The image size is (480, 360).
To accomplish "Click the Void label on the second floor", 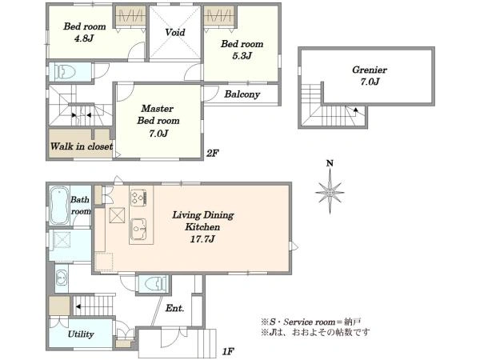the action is (175, 32).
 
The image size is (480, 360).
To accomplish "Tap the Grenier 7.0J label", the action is (370, 76).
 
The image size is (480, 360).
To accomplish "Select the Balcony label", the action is (242, 94).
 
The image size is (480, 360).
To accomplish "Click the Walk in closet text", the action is (82, 146).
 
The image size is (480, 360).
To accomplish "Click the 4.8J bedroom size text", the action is (84, 38).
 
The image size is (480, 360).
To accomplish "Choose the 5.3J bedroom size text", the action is (242, 56).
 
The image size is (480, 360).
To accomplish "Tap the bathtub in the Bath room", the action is (59, 206).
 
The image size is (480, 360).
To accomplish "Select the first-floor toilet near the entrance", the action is (153, 284).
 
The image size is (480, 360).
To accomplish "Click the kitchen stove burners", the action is (138, 198).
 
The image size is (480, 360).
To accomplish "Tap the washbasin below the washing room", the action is (62, 278).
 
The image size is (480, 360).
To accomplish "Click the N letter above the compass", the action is (330, 163).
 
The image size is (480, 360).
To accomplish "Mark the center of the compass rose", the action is (330, 193).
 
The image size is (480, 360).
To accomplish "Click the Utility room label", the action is (81, 334).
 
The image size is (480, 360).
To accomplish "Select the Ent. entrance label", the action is (174, 308).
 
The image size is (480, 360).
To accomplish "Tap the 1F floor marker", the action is (228, 351).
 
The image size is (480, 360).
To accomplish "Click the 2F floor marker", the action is (213, 153).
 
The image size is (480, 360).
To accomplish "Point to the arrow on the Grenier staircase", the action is (355, 110).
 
